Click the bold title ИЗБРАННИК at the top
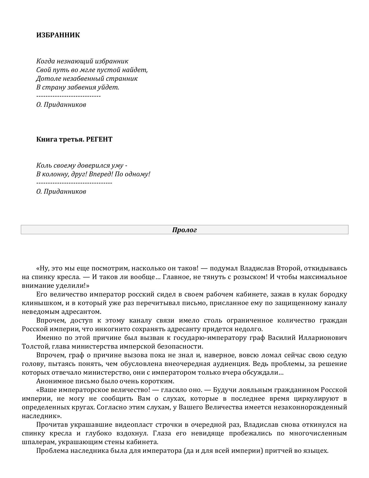pyautogui.click(x=58, y=35)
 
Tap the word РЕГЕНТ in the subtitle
pyautogui.click(x=99, y=139)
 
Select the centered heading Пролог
pyautogui.click(x=184, y=230)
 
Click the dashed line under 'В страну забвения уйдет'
pyautogui.click(x=68, y=96)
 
